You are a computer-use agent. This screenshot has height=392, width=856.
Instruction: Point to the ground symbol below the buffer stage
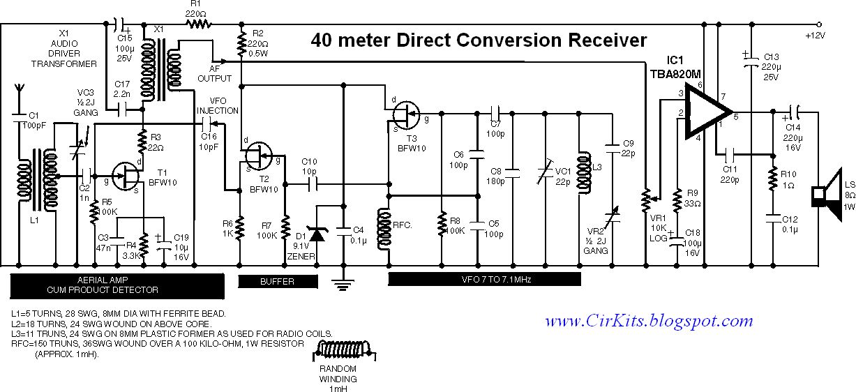tap(343, 282)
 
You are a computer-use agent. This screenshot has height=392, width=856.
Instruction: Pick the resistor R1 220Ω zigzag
tap(197, 24)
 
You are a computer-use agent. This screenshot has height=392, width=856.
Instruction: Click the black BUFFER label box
tap(277, 281)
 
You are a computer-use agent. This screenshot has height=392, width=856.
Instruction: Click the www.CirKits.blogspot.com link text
tap(649, 322)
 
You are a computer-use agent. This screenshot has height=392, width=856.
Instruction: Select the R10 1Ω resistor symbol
tap(772, 181)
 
